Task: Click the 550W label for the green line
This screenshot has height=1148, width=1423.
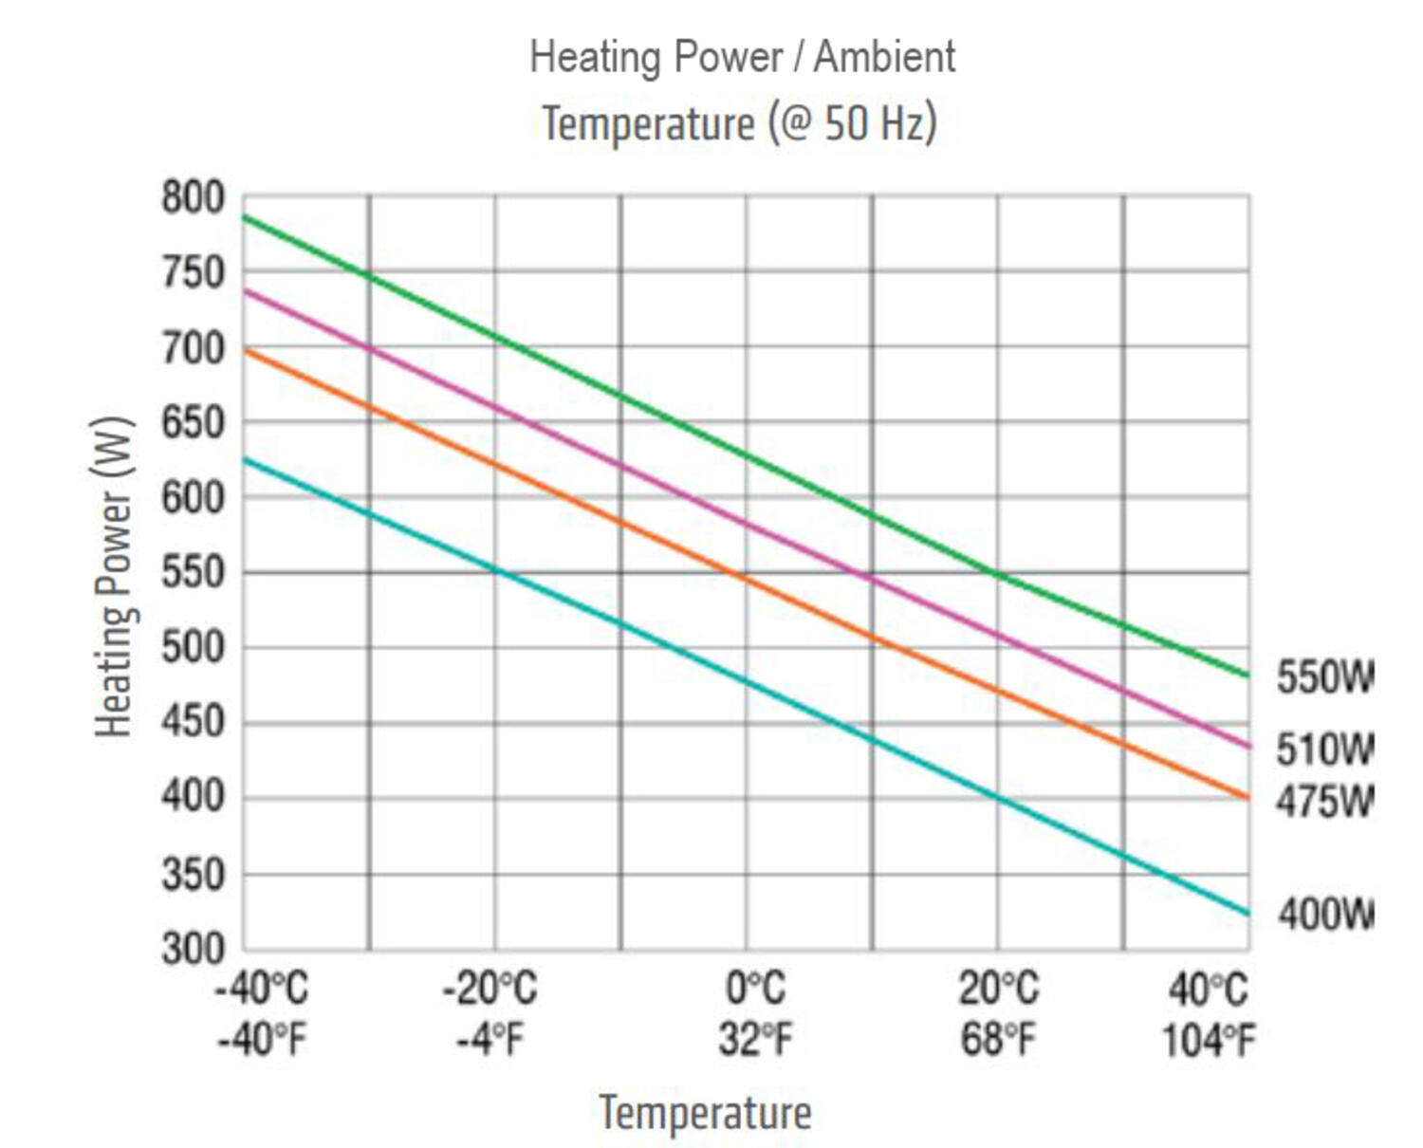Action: tap(1323, 677)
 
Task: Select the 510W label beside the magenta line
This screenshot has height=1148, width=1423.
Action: tap(1323, 750)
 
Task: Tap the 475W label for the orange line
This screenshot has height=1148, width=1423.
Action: tap(1323, 802)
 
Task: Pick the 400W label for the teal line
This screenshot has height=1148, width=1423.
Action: tap(1324, 915)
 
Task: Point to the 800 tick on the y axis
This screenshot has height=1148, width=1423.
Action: tap(194, 198)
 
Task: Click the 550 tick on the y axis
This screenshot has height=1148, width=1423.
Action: tap(194, 572)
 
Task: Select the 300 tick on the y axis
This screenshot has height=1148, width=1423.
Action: tap(194, 948)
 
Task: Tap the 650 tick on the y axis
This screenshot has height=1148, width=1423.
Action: tap(194, 422)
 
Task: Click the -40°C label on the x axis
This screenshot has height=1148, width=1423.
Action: tap(262, 989)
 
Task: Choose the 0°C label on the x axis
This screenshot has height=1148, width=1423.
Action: tap(755, 989)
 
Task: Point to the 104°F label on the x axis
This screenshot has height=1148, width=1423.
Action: tap(1209, 1040)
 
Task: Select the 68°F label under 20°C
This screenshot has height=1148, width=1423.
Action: tap(998, 1040)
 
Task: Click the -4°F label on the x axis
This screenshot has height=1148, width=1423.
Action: tap(490, 1040)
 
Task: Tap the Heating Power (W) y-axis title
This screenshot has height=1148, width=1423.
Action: tap(114, 576)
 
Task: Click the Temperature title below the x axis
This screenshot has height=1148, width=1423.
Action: tap(705, 1112)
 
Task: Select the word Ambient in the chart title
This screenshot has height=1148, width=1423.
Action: tap(884, 57)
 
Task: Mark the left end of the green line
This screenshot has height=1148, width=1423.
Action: tap(246, 217)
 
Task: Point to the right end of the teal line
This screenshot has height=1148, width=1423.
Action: tap(1247, 914)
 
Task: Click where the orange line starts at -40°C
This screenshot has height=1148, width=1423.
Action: tap(246, 350)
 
